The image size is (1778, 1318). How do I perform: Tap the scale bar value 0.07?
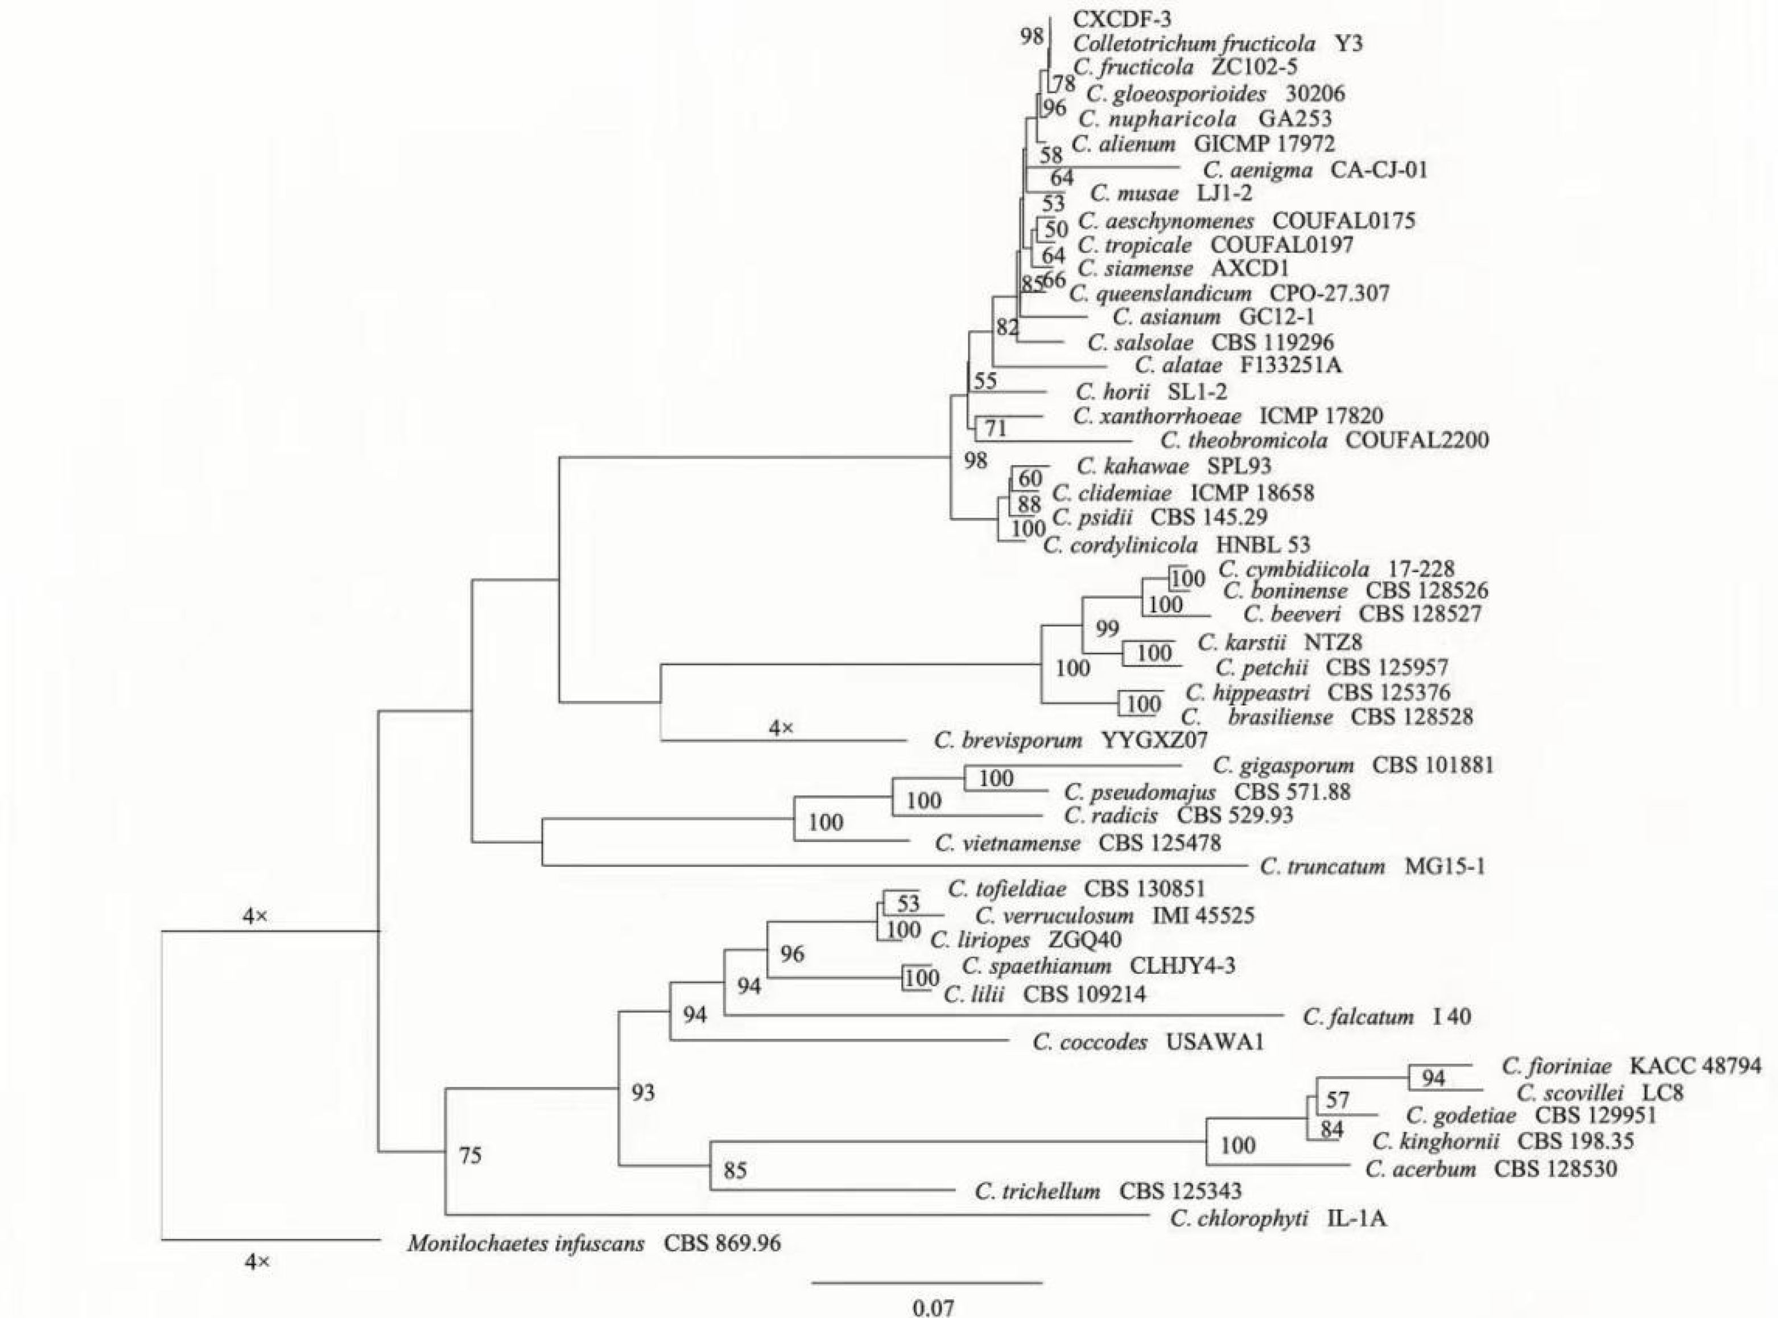(x=933, y=1307)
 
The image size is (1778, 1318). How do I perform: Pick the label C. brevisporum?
(x=1007, y=741)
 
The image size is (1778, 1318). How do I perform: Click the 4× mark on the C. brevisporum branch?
(x=781, y=727)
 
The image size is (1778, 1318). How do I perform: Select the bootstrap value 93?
(x=642, y=1092)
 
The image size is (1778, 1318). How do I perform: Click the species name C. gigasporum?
(x=1283, y=766)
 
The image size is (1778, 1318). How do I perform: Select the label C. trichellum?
(x=1037, y=1192)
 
